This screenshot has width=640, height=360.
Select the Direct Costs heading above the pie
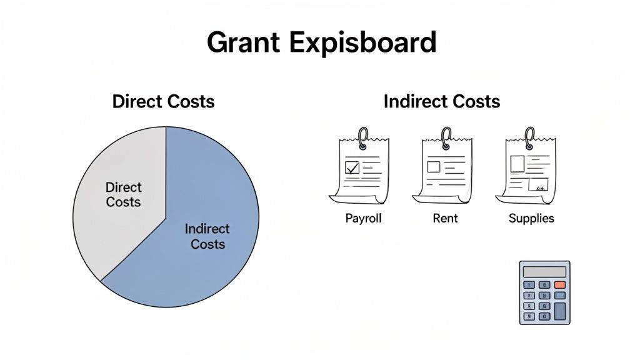click(x=163, y=101)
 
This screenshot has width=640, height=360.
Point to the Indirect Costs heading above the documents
click(x=442, y=101)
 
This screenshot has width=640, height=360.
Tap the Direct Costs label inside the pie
click(x=123, y=194)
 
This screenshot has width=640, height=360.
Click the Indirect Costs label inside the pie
click(x=207, y=236)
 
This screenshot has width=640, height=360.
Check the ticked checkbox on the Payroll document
click(x=352, y=167)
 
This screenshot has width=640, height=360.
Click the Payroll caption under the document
click(x=363, y=219)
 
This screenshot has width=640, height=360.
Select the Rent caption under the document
click(x=445, y=219)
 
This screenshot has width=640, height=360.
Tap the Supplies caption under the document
click(x=531, y=219)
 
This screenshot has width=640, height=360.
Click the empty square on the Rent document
click(x=434, y=167)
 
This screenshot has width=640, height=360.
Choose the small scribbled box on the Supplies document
click(x=537, y=184)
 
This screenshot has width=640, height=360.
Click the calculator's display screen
click(x=544, y=272)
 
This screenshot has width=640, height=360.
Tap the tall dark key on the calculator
click(x=560, y=311)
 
